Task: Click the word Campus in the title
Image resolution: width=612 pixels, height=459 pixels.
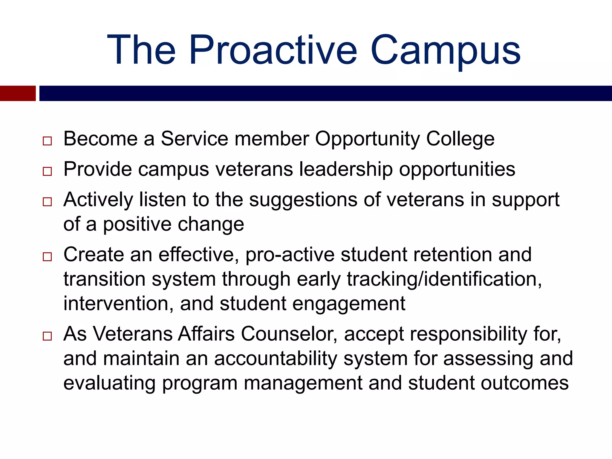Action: pos(446,50)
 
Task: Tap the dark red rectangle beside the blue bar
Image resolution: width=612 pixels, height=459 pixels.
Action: pos(18,93)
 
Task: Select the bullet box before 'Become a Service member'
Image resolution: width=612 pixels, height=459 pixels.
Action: pos(47,141)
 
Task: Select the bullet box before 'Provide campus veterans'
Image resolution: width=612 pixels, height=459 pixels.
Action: pos(47,171)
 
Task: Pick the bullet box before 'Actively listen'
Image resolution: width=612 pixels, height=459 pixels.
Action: pos(47,202)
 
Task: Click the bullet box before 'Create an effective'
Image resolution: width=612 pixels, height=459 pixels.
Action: pos(47,256)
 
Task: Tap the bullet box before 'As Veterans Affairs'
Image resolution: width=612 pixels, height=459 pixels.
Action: pos(47,336)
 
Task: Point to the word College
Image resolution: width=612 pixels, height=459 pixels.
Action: pos(460,139)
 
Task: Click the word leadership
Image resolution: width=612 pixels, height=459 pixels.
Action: pos(346,169)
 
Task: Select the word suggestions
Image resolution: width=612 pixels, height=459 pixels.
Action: pos(303,200)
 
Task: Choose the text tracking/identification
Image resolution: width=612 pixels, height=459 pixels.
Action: pos(444,279)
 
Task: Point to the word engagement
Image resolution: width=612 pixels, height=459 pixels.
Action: pos(348,304)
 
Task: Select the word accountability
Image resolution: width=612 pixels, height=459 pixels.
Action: pos(275,359)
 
